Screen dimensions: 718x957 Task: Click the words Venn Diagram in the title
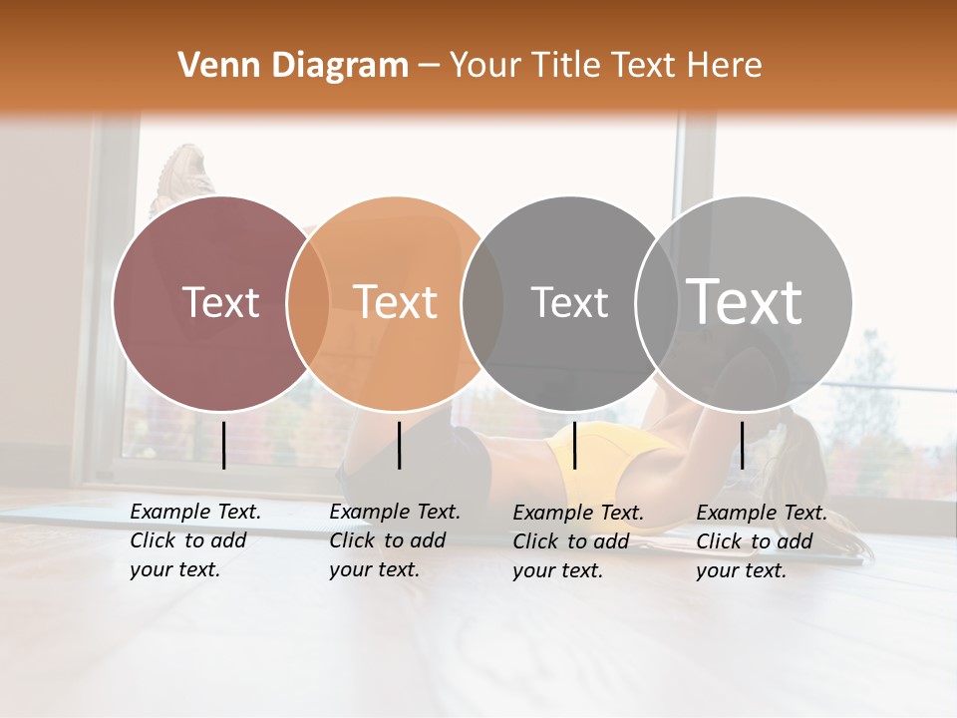[293, 66]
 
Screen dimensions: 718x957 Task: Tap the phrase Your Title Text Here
[605, 66]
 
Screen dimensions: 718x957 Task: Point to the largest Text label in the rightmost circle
[745, 301]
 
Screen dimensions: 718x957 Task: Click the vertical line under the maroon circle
[223, 445]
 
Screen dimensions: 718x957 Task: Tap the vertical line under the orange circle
[399, 445]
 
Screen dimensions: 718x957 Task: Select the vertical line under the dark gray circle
[574, 445]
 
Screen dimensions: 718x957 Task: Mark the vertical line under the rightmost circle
[742, 445]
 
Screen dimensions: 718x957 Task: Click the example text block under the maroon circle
[194, 540]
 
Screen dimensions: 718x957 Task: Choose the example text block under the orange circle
[394, 540]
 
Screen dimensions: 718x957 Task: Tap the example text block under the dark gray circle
[577, 541]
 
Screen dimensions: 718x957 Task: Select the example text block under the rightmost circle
[761, 541]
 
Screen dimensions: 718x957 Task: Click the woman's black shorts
[449, 454]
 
